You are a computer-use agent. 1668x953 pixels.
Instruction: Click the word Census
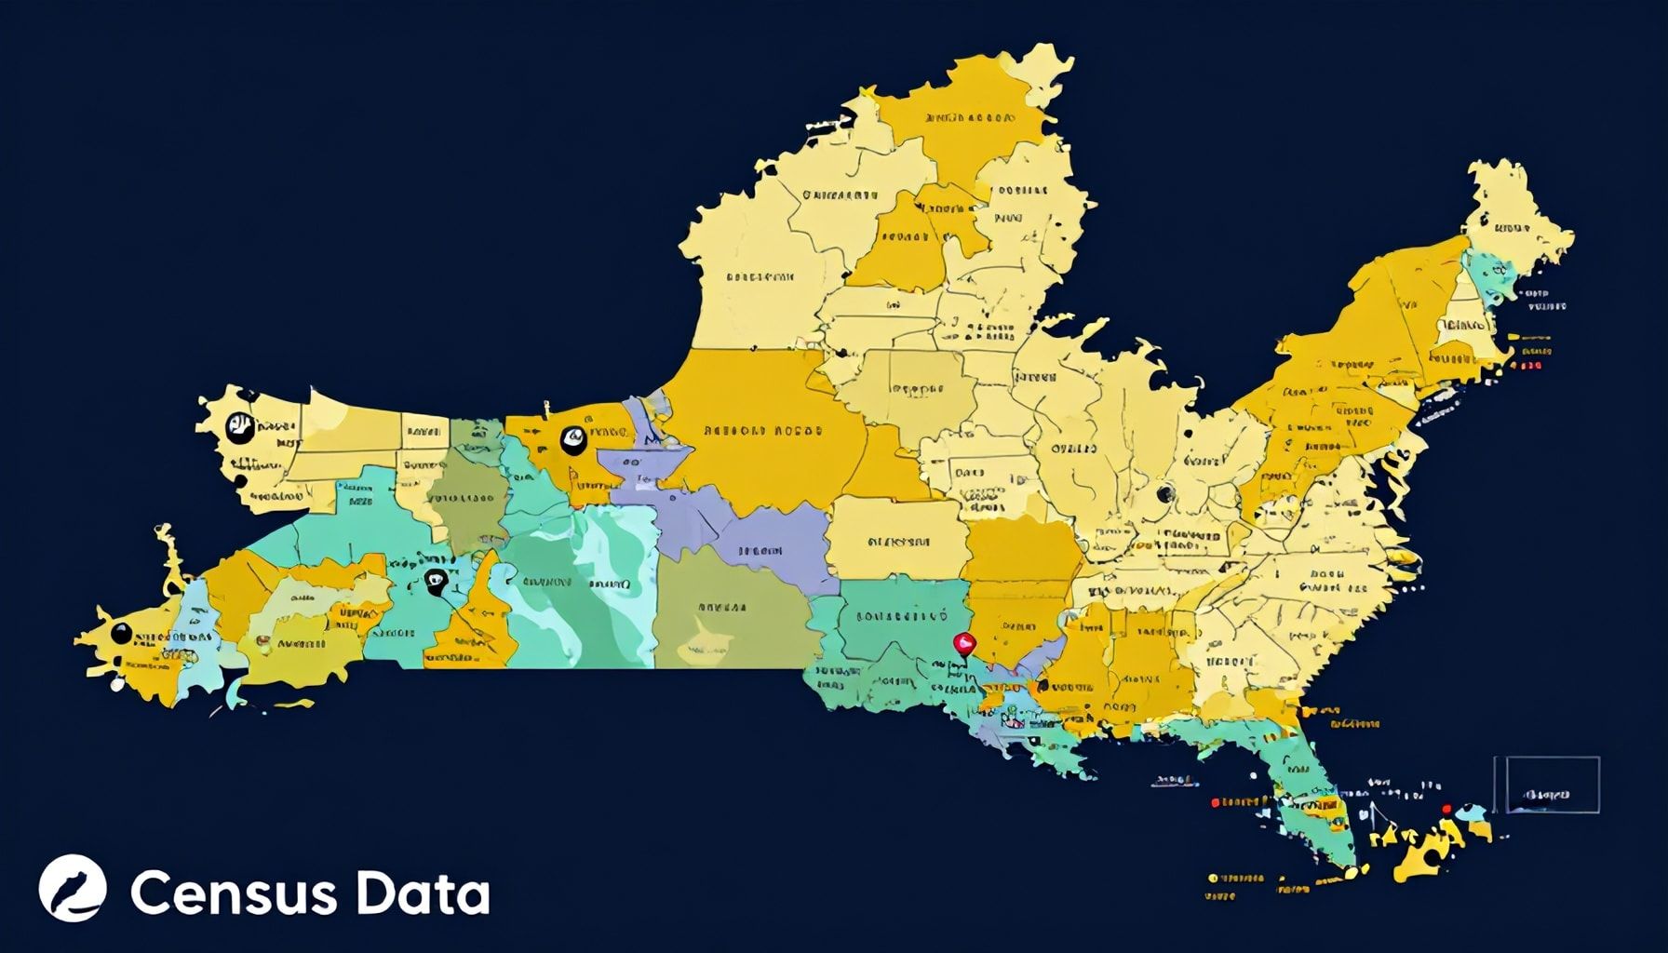(x=234, y=894)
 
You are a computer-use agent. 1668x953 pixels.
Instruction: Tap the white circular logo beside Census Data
(x=73, y=888)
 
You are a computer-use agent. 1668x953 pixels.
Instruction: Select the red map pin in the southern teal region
(x=965, y=642)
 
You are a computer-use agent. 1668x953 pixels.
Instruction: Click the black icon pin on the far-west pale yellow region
(x=239, y=427)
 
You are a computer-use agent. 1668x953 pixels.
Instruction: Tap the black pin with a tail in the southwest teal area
(x=435, y=583)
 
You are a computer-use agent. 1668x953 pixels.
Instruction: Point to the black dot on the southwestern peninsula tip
(x=120, y=633)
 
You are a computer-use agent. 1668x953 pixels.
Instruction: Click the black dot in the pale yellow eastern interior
(x=1164, y=494)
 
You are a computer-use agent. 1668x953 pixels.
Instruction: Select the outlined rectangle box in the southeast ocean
(x=1547, y=785)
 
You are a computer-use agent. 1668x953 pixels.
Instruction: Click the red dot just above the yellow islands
(x=1446, y=809)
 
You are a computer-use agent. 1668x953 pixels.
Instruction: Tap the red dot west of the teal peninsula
(x=1214, y=801)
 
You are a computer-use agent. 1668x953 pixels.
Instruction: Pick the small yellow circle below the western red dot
(x=1214, y=877)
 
